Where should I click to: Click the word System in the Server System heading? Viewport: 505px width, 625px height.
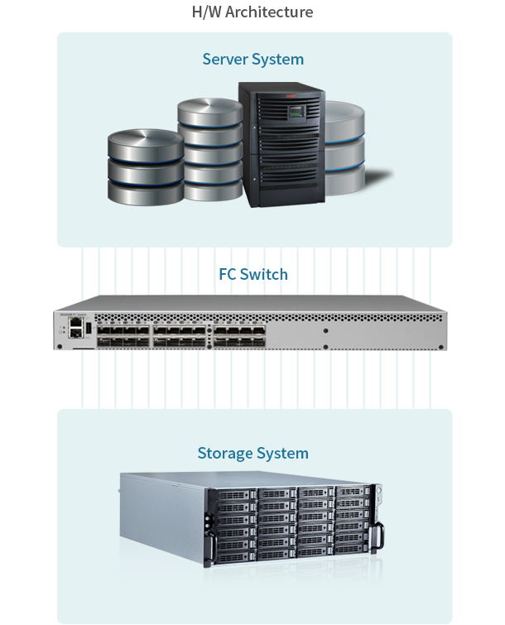(x=279, y=60)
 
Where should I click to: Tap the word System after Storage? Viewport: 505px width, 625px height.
(x=282, y=454)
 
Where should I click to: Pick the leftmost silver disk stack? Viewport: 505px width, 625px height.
(x=145, y=170)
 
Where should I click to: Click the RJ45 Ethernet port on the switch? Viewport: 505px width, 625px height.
(x=76, y=321)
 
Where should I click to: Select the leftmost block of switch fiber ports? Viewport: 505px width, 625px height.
(x=123, y=334)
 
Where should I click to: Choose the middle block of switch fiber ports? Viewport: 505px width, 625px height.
(x=180, y=334)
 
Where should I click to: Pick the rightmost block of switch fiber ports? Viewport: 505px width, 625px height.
(x=239, y=334)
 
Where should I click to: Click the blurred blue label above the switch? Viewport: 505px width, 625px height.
(x=253, y=274)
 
